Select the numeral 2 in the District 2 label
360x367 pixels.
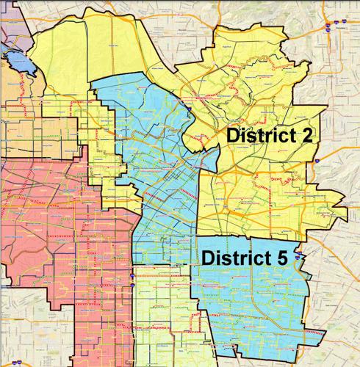pos(315,136)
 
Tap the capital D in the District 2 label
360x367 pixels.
pos(233,136)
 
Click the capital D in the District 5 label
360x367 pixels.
pos(208,258)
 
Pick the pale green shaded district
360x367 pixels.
pos(158,316)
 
